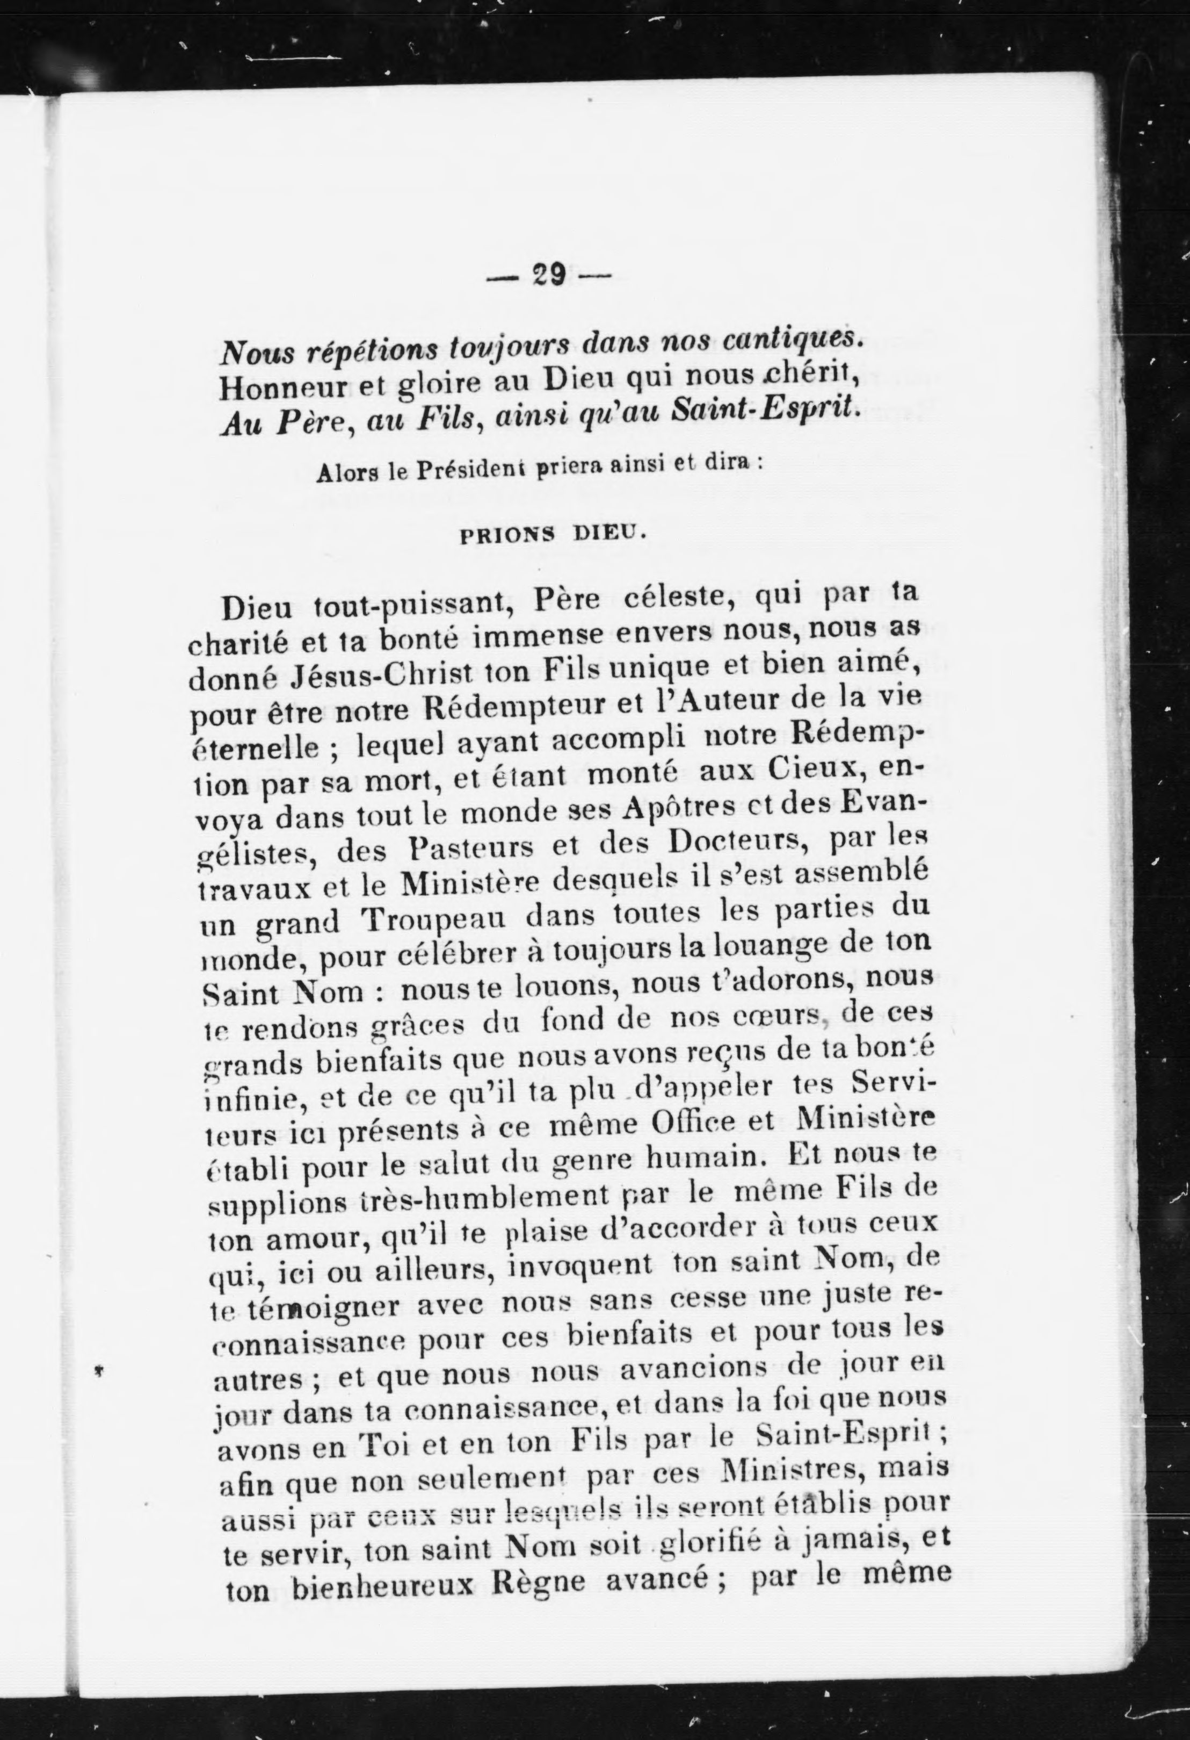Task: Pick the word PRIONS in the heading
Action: pyautogui.click(x=504, y=535)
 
